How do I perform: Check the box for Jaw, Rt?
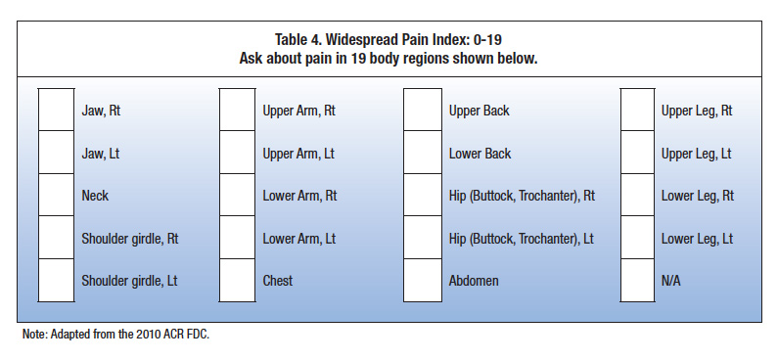tap(55, 111)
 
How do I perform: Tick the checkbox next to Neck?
tap(55, 196)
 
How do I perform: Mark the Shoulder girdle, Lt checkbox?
tap(55, 281)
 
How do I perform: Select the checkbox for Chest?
tap(237, 281)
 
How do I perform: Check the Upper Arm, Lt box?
tap(237, 154)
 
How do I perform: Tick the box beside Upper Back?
tap(423, 111)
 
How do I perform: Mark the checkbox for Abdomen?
tap(423, 281)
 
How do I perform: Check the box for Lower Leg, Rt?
tap(639, 196)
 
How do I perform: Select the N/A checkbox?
tap(639, 281)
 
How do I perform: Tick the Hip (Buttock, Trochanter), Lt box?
tap(423, 239)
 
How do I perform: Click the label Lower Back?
tap(480, 154)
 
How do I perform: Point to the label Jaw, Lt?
tap(100, 154)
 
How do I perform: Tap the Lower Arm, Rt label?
tap(299, 196)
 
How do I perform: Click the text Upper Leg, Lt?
tap(696, 154)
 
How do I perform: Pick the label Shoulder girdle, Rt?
tap(129, 239)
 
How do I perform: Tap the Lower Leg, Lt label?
tap(696, 239)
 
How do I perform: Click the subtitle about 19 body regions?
tap(389, 59)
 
